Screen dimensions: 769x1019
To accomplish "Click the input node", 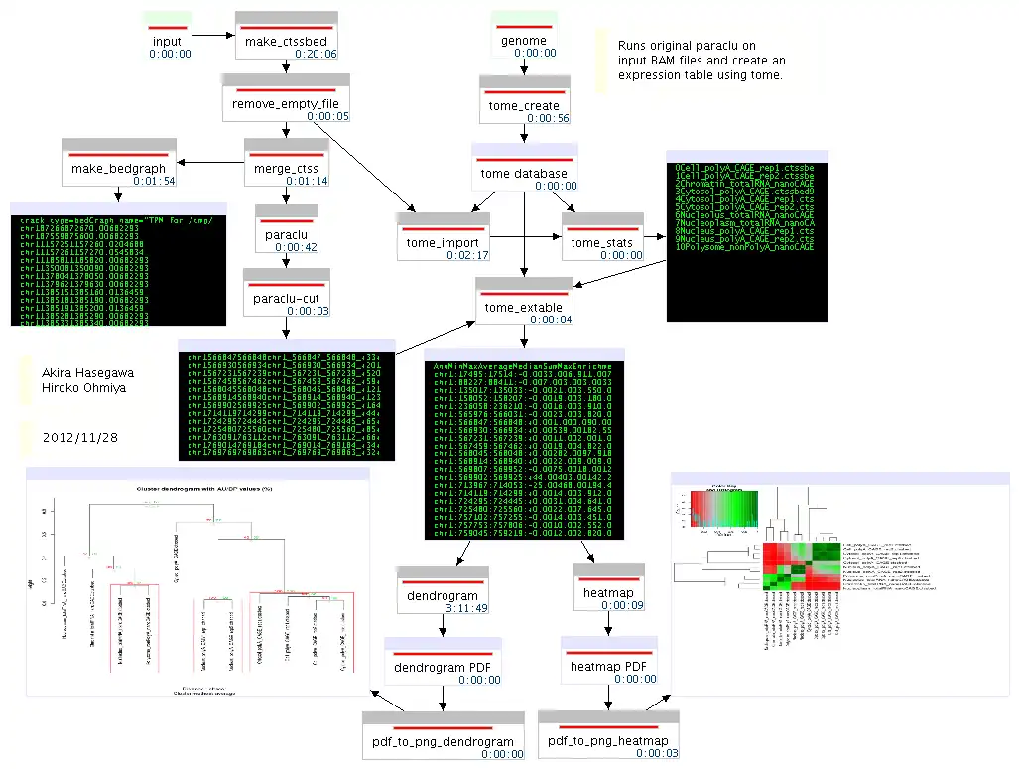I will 168,41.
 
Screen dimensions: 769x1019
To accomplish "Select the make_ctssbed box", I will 286,40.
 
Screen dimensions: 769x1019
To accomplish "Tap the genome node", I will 522,41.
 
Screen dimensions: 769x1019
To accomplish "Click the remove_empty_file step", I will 286,103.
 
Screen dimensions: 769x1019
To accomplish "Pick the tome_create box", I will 524,105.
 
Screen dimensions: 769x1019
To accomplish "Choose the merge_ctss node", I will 286,169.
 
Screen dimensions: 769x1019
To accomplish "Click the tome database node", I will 524,173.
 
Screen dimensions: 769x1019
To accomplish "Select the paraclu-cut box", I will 286,298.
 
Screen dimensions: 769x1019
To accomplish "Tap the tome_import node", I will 443,242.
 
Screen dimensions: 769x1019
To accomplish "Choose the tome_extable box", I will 524,307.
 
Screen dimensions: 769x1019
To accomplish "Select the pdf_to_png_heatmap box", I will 608,740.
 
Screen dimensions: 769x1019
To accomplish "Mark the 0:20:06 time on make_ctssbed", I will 315,54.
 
